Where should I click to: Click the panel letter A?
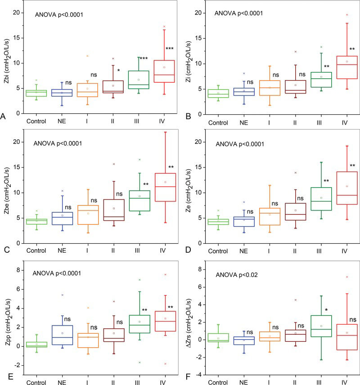[x=3, y=116]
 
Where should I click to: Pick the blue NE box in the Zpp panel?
[x=62, y=335]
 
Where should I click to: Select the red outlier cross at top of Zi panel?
[x=347, y=15]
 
